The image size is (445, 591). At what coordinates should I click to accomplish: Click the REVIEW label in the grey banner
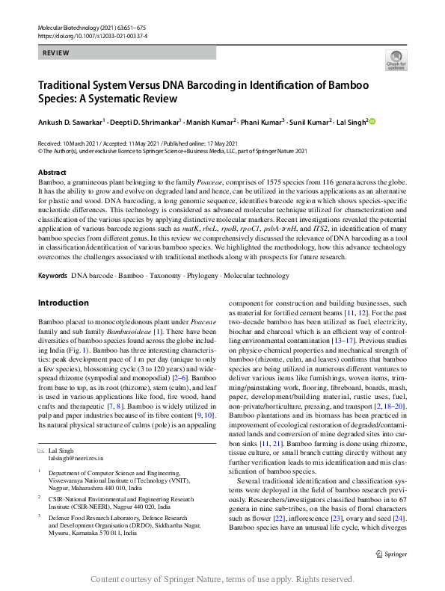[56, 53]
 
